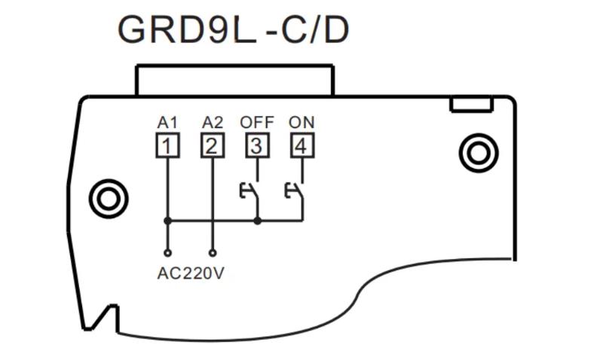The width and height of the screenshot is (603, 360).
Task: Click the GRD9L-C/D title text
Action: [x=233, y=30]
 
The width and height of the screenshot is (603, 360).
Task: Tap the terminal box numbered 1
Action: [x=167, y=145]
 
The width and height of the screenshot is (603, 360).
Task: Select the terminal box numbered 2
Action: [x=213, y=145]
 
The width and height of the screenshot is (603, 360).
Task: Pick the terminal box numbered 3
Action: [x=257, y=145]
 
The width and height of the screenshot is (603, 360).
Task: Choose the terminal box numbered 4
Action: [x=301, y=145]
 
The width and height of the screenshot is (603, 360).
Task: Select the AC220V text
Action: [x=191, y=273]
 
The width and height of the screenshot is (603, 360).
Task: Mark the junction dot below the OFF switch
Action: [x=258, y=221]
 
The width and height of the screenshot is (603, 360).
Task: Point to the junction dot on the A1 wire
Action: [x=167, y=221]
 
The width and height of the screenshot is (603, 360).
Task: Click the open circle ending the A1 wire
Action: [x=167, y=253]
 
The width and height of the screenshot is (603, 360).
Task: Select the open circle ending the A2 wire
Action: [x=213, y=253]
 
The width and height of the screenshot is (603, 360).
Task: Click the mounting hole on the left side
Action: [x=108, y=198]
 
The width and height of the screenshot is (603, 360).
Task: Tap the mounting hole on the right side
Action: [x=478, y=154]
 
